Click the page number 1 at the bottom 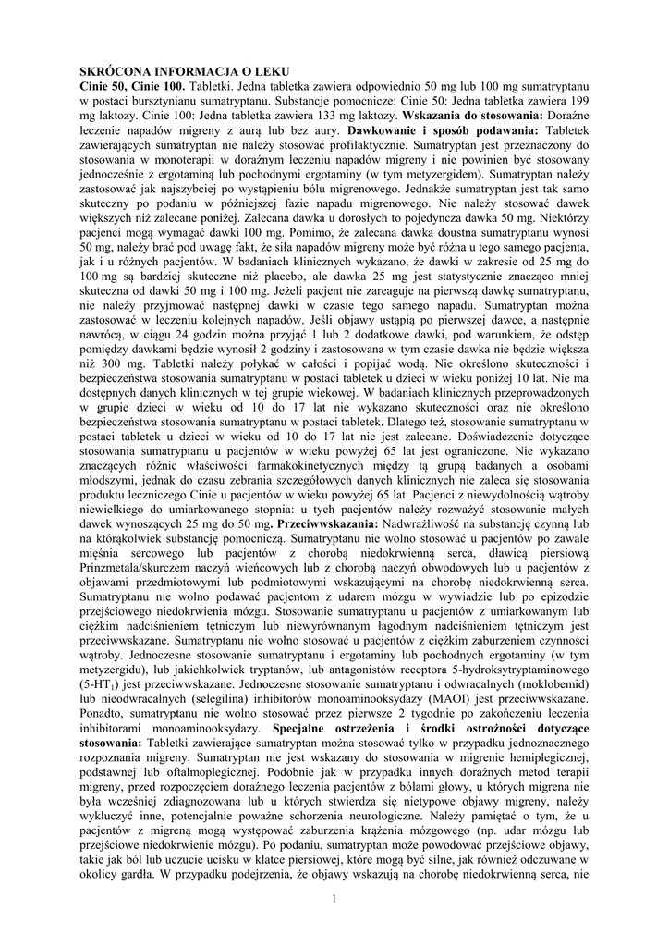334,901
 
